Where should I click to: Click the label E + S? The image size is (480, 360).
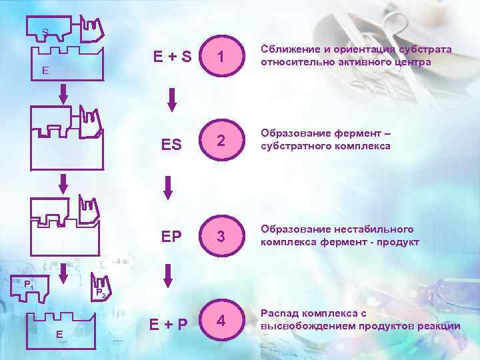[172, 57]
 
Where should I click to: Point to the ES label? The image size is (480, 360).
[171, 145]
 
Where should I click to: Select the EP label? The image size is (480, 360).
[171, 237]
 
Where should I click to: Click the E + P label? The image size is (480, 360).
[168, 325]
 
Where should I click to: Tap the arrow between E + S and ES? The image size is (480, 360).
[171, 99]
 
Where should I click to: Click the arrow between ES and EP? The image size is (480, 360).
[168, 186]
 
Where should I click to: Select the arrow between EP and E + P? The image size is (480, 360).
[168, 275]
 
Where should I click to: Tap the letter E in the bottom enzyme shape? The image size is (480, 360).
[59, 333]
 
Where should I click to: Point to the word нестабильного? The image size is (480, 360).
[375, 229]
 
